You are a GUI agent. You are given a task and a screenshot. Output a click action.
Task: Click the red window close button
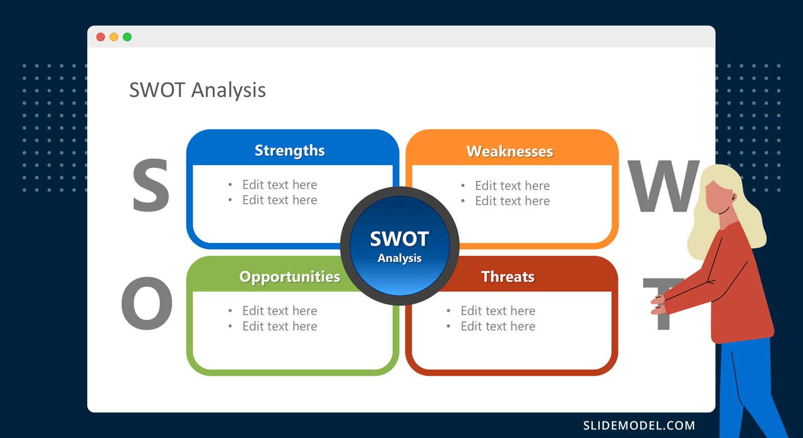[x=100, y=37]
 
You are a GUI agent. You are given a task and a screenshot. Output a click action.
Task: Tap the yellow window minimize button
[x=114, y=37]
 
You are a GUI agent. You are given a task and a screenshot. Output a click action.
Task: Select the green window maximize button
[x=127, y=37]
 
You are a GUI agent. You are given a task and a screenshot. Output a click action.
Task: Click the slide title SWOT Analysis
[x=197, y=90]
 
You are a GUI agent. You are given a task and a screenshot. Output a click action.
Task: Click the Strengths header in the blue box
[x=290, y=151]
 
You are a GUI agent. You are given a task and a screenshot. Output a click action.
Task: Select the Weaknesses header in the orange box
[x=509, y=152]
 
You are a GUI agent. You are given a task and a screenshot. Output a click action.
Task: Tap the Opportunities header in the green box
[x=290, y=277]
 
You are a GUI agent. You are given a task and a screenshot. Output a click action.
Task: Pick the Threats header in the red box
[x=508, y=277]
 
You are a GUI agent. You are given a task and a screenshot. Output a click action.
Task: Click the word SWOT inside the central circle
[x=399, y=239]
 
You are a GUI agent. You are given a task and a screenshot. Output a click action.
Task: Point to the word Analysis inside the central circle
[x=399, y=258]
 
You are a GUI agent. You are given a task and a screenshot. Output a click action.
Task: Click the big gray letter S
[x=150, y=186]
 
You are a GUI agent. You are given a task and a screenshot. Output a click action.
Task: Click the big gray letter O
[x=147, y=304]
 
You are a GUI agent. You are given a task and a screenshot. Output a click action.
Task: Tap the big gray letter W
[x=662, y=187]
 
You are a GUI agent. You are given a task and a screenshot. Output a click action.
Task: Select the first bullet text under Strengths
[x=280, y=185]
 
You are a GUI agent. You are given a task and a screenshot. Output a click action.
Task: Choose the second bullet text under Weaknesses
[x=512, y=201]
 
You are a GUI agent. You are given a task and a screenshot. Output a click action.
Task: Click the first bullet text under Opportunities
[x=280, y=311]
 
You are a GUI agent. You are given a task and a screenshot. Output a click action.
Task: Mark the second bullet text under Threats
[x=498, y=327]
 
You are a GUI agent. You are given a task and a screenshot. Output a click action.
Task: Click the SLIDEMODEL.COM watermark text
[x=639, y=425]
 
